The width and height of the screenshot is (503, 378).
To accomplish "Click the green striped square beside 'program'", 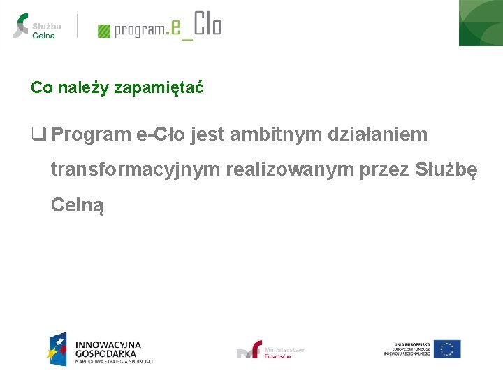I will pyautogui.click(x=104, y=31).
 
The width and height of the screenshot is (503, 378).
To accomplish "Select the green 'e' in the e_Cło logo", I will pyautogui.click(x=176, y=27).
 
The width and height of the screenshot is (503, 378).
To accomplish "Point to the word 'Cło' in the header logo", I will pyautogui.click(x=207, y=24).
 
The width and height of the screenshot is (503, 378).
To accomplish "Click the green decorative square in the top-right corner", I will pyautogui.click(x=481, y=22).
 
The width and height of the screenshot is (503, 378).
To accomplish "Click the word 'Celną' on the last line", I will pyautogui.click(x=78, y=206).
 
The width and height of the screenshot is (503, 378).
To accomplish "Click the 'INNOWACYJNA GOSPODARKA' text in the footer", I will pyautogui.click(x=108, y=349).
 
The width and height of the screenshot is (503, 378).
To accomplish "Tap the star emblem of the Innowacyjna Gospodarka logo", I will pyautogui.click(x=57, y=349).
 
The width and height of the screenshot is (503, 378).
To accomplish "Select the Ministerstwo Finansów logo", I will pyautogui.click(x=270, y=351).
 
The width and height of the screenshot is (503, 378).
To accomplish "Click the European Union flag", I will pyautogui.click(x=446, y=349).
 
